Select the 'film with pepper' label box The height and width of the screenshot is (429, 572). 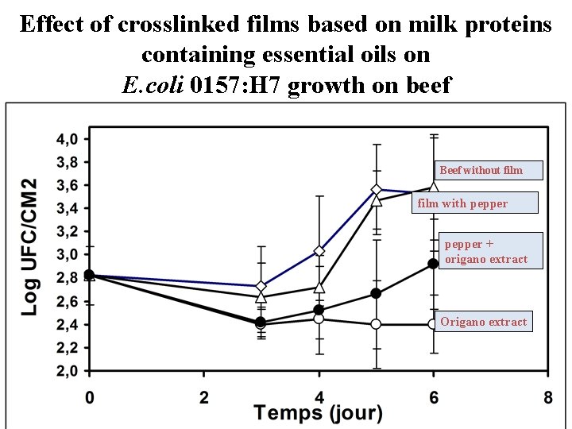coord(474,203)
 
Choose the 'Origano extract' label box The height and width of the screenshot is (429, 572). coord(483,322)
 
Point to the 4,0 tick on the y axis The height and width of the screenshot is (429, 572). coord(67,139)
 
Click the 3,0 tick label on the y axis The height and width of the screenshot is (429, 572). coord(67,255)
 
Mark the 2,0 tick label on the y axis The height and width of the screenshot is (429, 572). coord(67,371)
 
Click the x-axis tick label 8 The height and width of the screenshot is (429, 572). coord(547,397)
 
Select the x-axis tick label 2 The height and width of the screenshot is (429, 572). coord(204,397)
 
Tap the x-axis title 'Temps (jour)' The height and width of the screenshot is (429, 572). coord(318,413)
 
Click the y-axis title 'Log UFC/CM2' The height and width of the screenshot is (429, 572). coord(29,246)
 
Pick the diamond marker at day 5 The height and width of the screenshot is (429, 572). coord(377,190)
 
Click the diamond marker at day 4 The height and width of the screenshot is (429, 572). coord(319,251)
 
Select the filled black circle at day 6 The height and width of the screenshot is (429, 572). coord(433,264)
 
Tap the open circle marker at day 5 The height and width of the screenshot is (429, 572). coord(377,324)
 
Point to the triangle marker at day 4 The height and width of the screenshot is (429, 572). coord(319,288)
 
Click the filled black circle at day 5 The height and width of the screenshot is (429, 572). coord(377,293)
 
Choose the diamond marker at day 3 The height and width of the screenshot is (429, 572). coord(261,286)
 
